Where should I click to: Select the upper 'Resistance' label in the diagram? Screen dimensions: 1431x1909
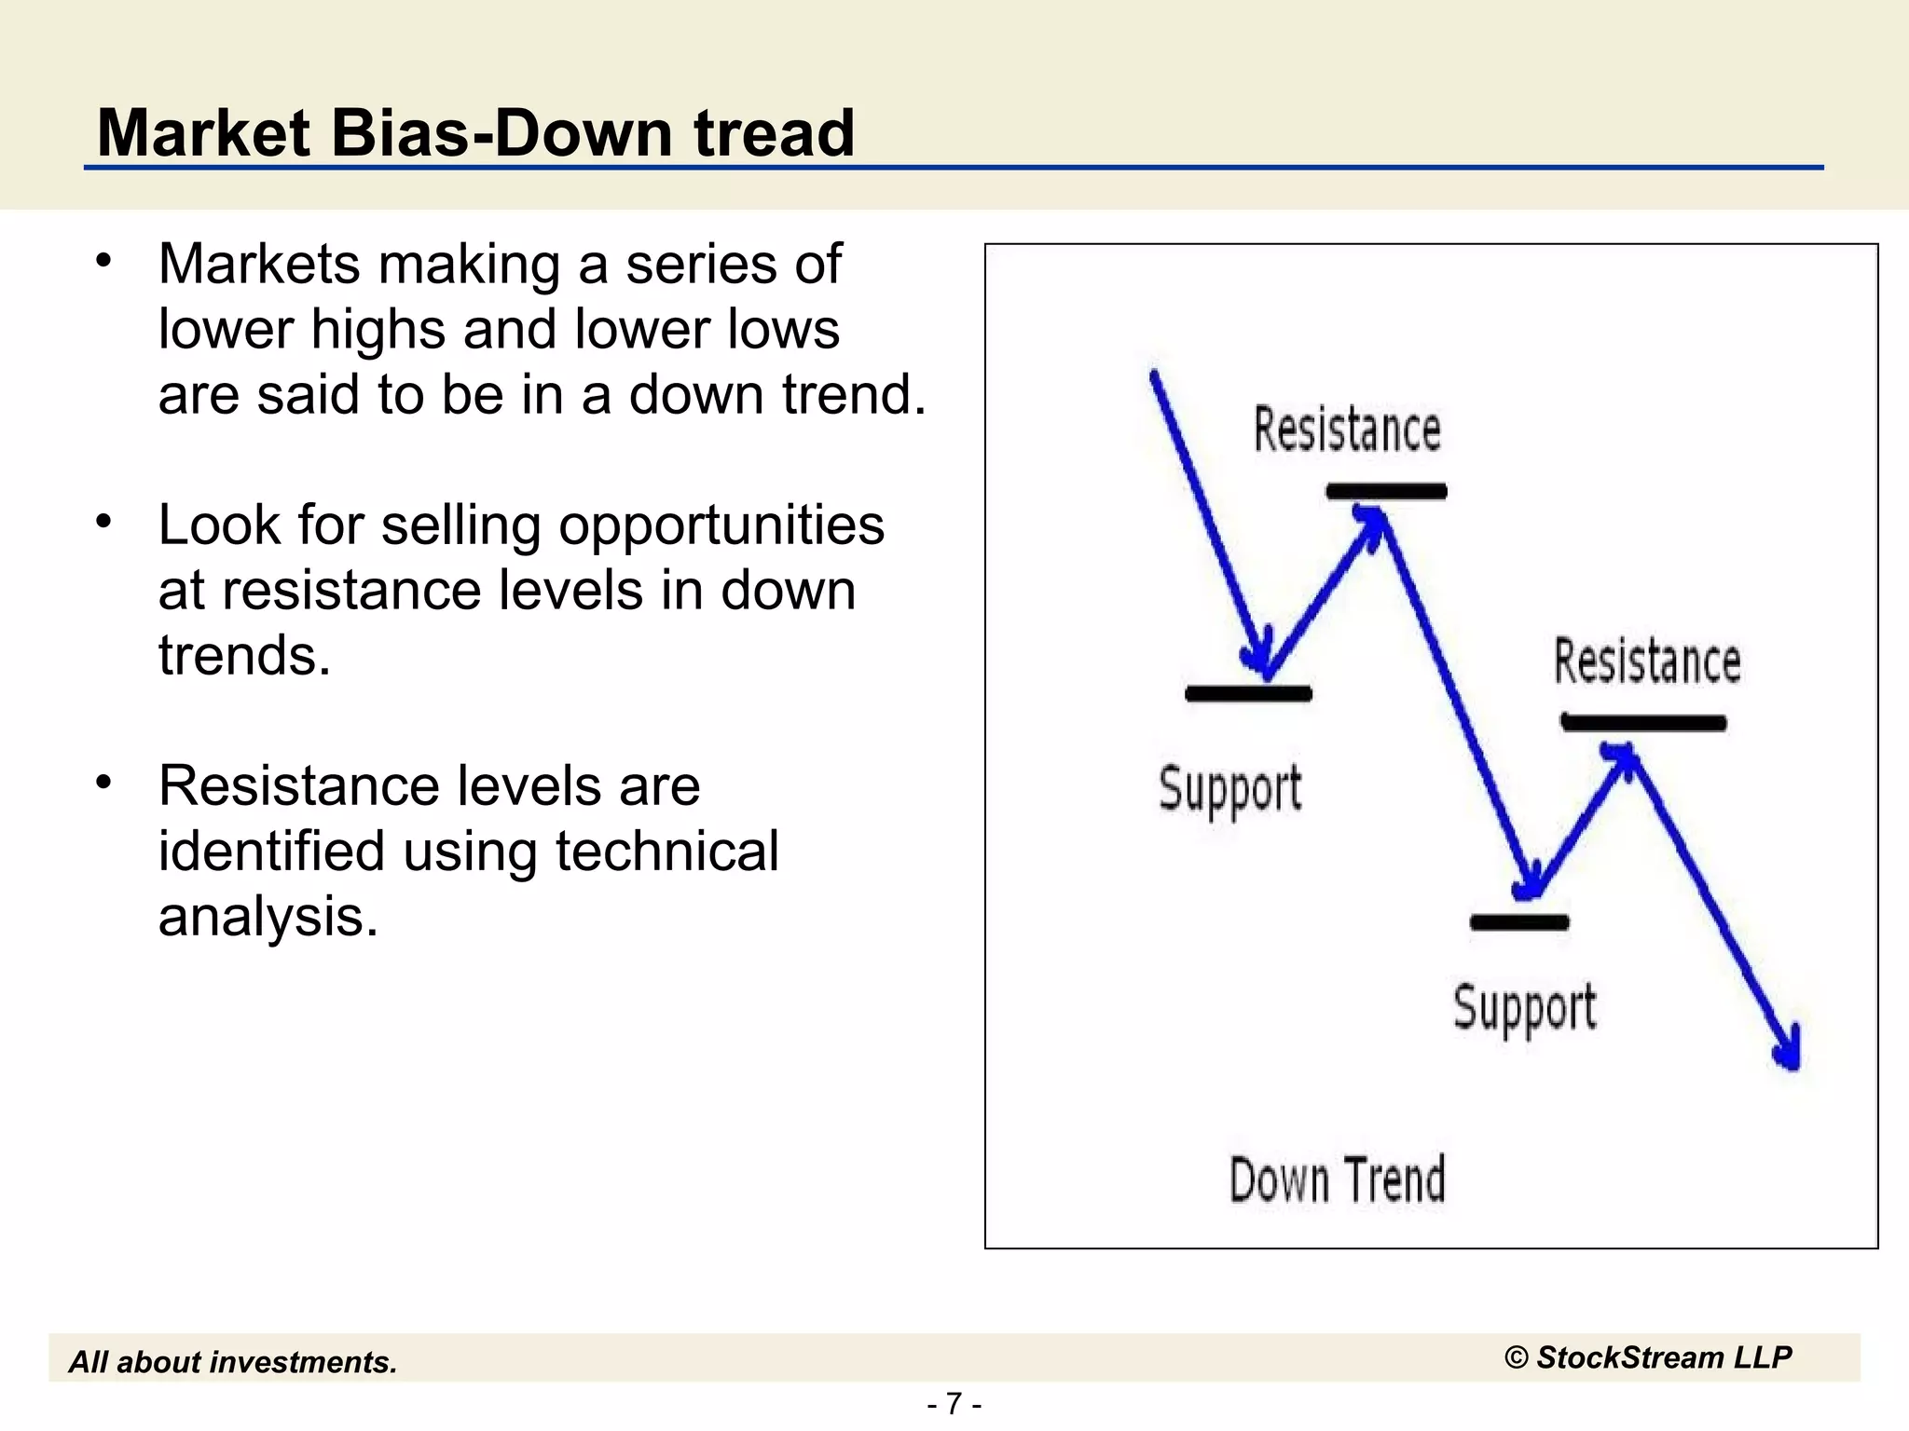1347,429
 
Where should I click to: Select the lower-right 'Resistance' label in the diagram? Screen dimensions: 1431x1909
1647,661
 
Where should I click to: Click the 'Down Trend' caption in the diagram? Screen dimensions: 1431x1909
1338,1179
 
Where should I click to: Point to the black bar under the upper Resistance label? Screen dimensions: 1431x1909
1386,491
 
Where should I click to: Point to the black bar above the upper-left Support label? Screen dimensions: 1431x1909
1248,693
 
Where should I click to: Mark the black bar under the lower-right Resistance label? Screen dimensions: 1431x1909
1643,722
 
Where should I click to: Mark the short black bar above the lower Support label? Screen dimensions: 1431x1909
1519,922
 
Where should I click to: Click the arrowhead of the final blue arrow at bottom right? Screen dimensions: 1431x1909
1790,1053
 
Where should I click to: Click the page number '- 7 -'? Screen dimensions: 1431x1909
954,1403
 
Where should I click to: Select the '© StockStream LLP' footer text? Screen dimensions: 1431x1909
1647,1357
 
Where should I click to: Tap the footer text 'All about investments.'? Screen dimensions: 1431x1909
233,1362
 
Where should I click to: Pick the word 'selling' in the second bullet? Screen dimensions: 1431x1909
460,525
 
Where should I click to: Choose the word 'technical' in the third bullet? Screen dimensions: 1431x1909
666,852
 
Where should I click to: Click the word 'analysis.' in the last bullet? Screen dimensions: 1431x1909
268,917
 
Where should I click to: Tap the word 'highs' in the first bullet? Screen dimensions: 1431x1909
378,330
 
